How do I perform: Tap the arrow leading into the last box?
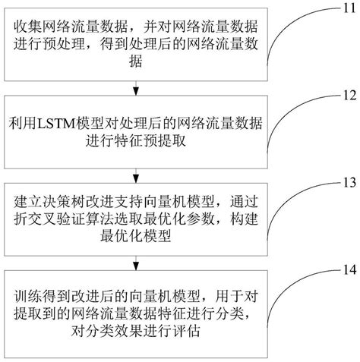point(135,264)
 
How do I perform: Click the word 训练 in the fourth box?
point(27,295)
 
